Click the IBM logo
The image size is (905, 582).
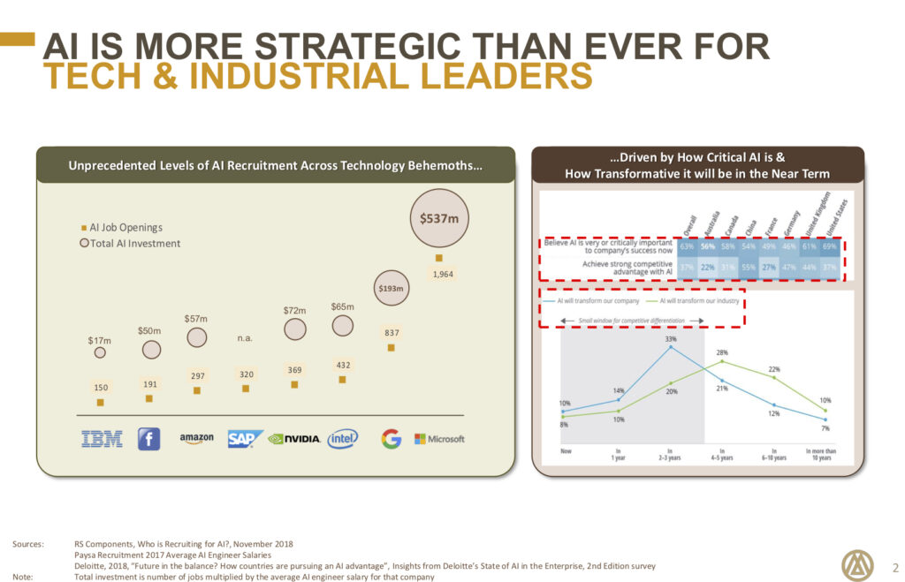pyautogui.click(x=102, y=439)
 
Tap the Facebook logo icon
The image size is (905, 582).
pyautogui.click(x=148, y=439)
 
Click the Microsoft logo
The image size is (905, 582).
pyautogui.click(x=439, y=439)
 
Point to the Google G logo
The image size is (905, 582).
pyautogui.click(x=391, y=439)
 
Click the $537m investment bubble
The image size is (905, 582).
pyautogui.click(x=439, y=218)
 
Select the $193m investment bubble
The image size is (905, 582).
pyautogui.click(x=391, y=287)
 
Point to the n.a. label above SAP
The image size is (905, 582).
pyautogui.click(x=246, y=337)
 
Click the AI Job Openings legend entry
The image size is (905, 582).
pyautogui.click(x=123, y=227)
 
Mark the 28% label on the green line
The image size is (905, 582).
pyautogui.click(x=722, y=351)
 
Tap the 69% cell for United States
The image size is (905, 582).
pyautogui.click(x=829, y=246)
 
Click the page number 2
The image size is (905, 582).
pyautogui.click(x=895, y=567)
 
